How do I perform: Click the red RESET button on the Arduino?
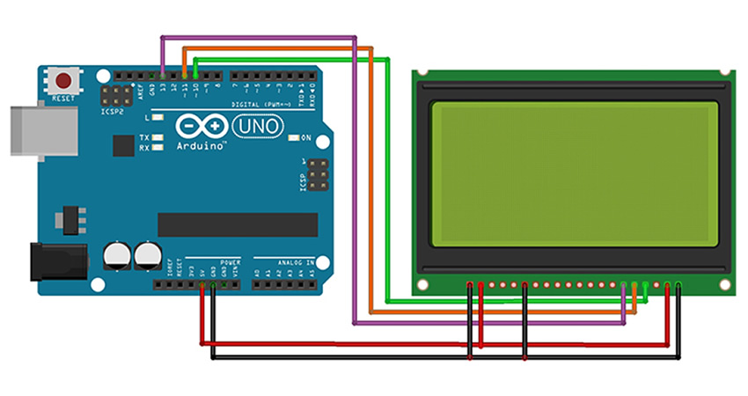click(63, 81)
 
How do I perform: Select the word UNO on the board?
click(258, 127)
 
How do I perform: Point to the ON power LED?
click(295, 138)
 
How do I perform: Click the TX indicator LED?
click(158, 138)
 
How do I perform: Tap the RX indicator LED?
click(158, 148)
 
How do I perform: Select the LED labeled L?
click(158, 117)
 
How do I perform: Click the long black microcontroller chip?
click(237, 224)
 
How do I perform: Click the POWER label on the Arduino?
click(230, 262)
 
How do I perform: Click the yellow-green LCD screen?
click(572, 174)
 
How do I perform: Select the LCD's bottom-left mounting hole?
click(423, 283)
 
